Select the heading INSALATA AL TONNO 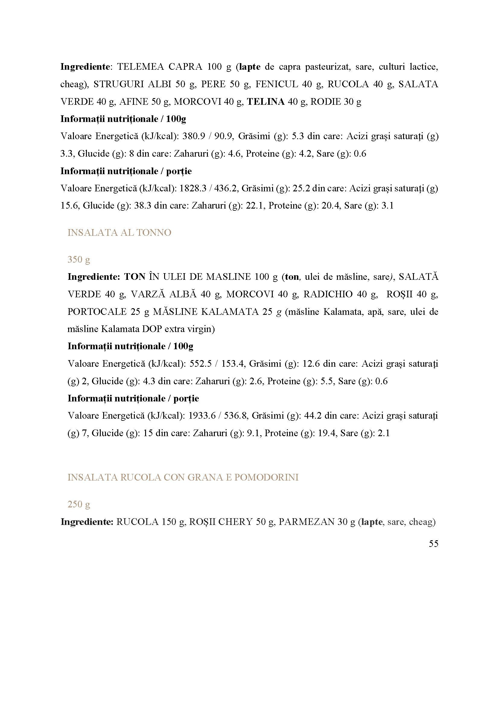pos(119,233)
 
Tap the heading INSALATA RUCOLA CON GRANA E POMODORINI pos(183,478)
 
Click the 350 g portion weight pos(79,260)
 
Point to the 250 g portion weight pos(79,505)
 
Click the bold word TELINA pos(266,102)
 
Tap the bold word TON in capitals pos(135,277)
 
